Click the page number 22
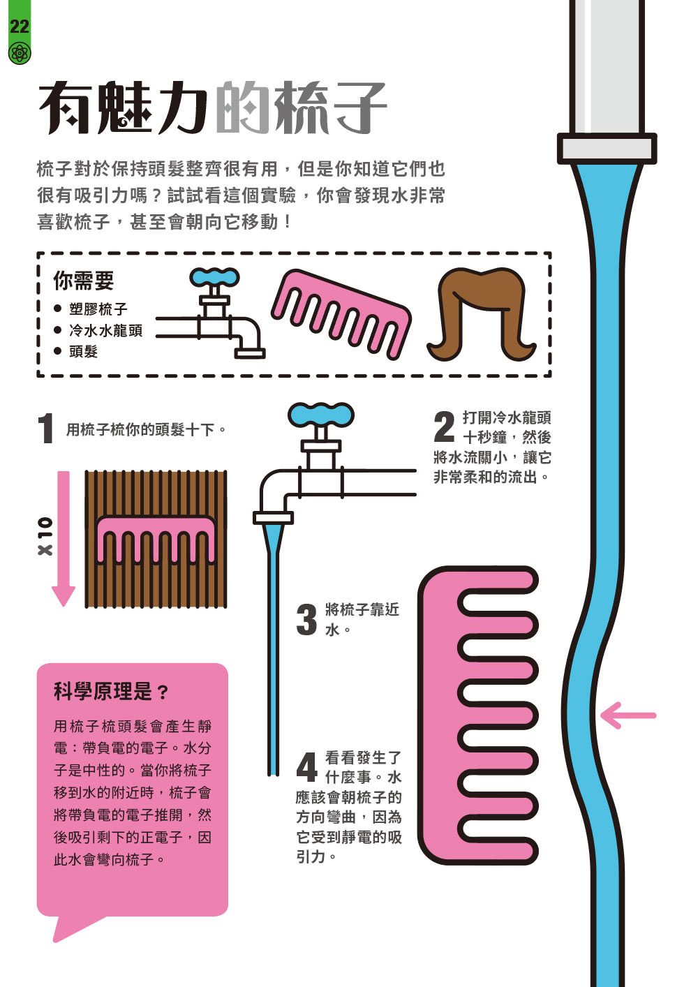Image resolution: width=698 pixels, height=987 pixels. point(19,27)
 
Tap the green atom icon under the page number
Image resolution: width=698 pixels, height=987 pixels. point(19,53)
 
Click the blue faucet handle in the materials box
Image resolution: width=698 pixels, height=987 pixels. point(215,278)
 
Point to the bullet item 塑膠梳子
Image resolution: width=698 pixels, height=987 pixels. point(98,309)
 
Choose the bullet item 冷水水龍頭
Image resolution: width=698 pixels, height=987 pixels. point(105,330)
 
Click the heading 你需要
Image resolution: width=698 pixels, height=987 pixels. point(83,281)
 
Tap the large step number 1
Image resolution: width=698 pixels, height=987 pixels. point(46,429)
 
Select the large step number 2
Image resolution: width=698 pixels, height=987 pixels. point(444,427)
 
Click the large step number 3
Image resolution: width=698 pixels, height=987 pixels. point(306,620)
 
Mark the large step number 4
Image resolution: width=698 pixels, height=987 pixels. point(306,767)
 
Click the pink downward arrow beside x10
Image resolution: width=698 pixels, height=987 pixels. point(64,537)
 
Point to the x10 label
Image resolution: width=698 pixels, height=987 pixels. point(45,537)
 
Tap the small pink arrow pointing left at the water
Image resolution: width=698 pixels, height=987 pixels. point(628,715)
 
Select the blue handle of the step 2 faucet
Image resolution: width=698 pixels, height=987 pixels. point(321,415)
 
